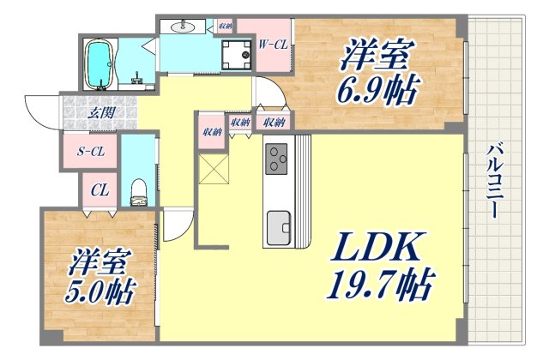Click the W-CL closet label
tap(272, 44)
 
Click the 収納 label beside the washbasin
tap(224, 27)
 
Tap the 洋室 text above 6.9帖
tap(377, 55)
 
